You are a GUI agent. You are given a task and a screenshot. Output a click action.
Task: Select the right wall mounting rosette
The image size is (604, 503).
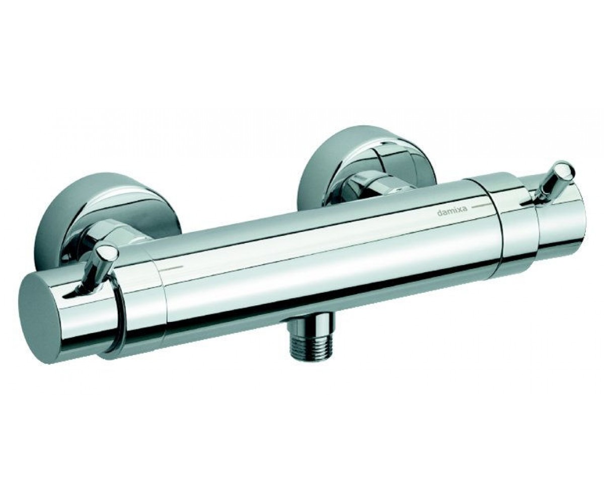(x=367, y=170)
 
